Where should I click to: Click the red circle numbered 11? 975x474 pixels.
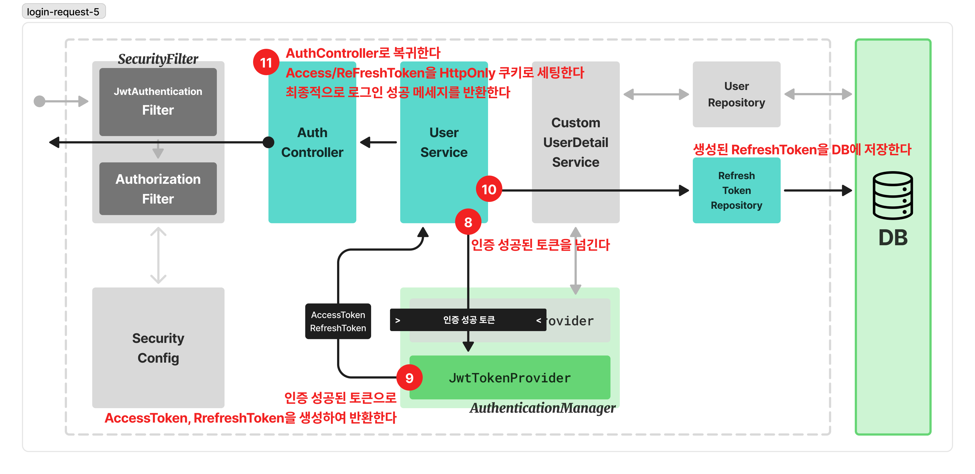coord(266,63)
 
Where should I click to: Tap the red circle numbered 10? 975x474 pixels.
coord(489,189)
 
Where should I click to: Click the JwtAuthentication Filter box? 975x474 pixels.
coord(158,101)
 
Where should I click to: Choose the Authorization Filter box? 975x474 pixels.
coord(158,189)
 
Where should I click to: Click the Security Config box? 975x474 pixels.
coord(158,347)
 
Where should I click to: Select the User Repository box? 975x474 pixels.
coord(736,94)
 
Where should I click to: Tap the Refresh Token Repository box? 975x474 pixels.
coord(736,190)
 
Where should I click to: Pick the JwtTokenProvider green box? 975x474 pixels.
coord(509,377)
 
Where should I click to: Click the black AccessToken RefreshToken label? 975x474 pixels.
coord(338,321)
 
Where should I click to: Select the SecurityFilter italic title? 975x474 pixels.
coord(158,59)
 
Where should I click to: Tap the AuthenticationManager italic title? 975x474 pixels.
coord(542,408)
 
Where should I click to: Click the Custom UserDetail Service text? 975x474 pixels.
coord(575,142)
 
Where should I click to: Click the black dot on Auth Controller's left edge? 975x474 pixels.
coord(268,142)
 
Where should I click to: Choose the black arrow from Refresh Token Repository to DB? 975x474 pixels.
coord(817,190)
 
